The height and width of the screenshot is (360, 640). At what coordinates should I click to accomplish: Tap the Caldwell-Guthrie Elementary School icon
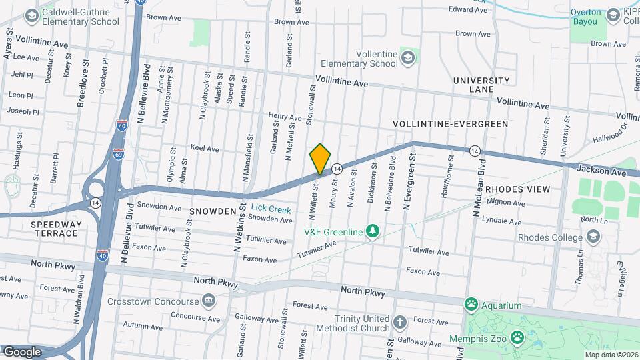click(x=31, y=15)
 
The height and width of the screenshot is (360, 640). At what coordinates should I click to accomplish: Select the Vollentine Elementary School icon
click(x=407, y=58)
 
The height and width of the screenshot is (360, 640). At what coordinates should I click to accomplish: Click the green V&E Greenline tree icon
click(x=373, y=231)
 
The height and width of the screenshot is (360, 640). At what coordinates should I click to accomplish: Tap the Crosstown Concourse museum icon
click(x=209, y=301)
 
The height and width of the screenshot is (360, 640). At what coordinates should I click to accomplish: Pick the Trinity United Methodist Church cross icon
click(x=399, y=323)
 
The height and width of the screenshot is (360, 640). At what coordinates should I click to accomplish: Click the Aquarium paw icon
click(x=472, y=305)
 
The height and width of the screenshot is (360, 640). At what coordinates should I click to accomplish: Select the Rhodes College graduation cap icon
click(x=593, y=237)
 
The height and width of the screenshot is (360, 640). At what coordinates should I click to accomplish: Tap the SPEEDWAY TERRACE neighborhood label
click(x=55, y=229)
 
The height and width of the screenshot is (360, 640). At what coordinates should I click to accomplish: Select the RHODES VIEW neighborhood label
click(x=517, y=189)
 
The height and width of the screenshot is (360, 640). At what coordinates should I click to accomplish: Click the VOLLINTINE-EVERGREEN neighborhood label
click(x=450, y=124)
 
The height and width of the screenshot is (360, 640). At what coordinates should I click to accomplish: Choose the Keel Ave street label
click(x=205, y=149)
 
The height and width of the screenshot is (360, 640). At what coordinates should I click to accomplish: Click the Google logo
click(x=22, y=351)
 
